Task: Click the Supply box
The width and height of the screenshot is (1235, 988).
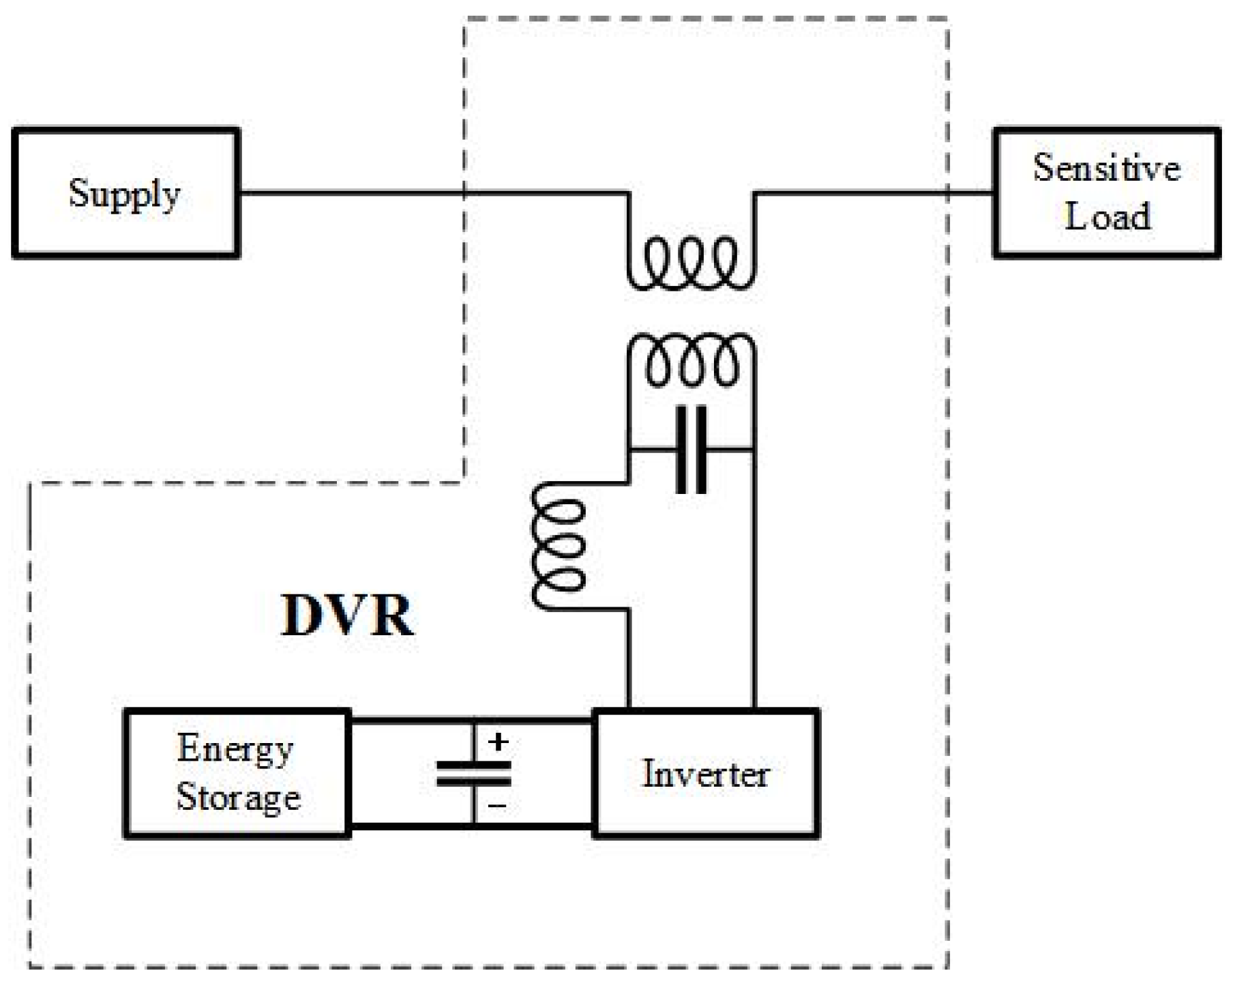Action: (125, 193)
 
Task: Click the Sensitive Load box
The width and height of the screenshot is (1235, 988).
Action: (1106, 193)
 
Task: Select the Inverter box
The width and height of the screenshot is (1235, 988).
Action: (706, 774)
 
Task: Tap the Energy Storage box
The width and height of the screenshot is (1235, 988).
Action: (237, 774)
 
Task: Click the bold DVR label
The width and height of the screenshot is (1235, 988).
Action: (347, 615)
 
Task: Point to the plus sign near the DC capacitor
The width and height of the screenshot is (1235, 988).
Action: (499, 742)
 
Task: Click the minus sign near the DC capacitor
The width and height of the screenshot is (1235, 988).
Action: (497, 806)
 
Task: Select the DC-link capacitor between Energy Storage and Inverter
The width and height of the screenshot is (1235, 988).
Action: (473, 774)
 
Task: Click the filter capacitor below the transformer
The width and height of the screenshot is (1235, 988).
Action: (691, 450)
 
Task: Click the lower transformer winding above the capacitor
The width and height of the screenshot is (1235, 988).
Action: (691, 360)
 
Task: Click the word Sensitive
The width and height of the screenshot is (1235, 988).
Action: (1106, 168)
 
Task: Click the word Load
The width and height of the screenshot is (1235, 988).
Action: (1107, 217)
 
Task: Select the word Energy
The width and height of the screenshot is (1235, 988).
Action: (235, 749)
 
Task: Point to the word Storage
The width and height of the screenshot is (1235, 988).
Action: (238, 797)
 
